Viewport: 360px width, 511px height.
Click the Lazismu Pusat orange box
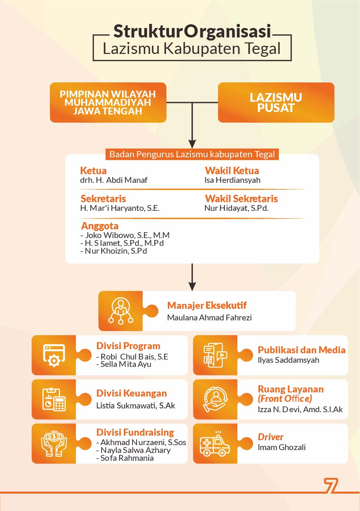pos(276,103)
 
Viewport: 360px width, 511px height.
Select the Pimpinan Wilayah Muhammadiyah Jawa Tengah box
pos(108,103)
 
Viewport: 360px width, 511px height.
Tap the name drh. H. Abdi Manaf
pos(114,180)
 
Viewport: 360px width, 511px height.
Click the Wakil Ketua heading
pos(232,170)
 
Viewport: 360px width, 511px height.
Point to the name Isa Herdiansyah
pos(232,180)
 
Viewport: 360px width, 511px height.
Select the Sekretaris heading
pos(103,198)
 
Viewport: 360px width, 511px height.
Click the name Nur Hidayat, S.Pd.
pos(236,208)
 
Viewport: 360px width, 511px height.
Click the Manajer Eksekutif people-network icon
pos(120,311)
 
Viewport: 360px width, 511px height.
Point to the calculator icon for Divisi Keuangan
pos(54,399)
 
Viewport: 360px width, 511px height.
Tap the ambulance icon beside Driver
pos(215,444)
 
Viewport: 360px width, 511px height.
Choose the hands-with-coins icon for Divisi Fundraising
pos(54,443)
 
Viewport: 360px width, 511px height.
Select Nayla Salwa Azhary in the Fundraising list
pos(135,450)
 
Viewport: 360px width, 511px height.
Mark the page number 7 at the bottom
pos(331,485)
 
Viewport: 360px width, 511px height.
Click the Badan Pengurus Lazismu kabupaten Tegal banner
pos(192,155)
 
